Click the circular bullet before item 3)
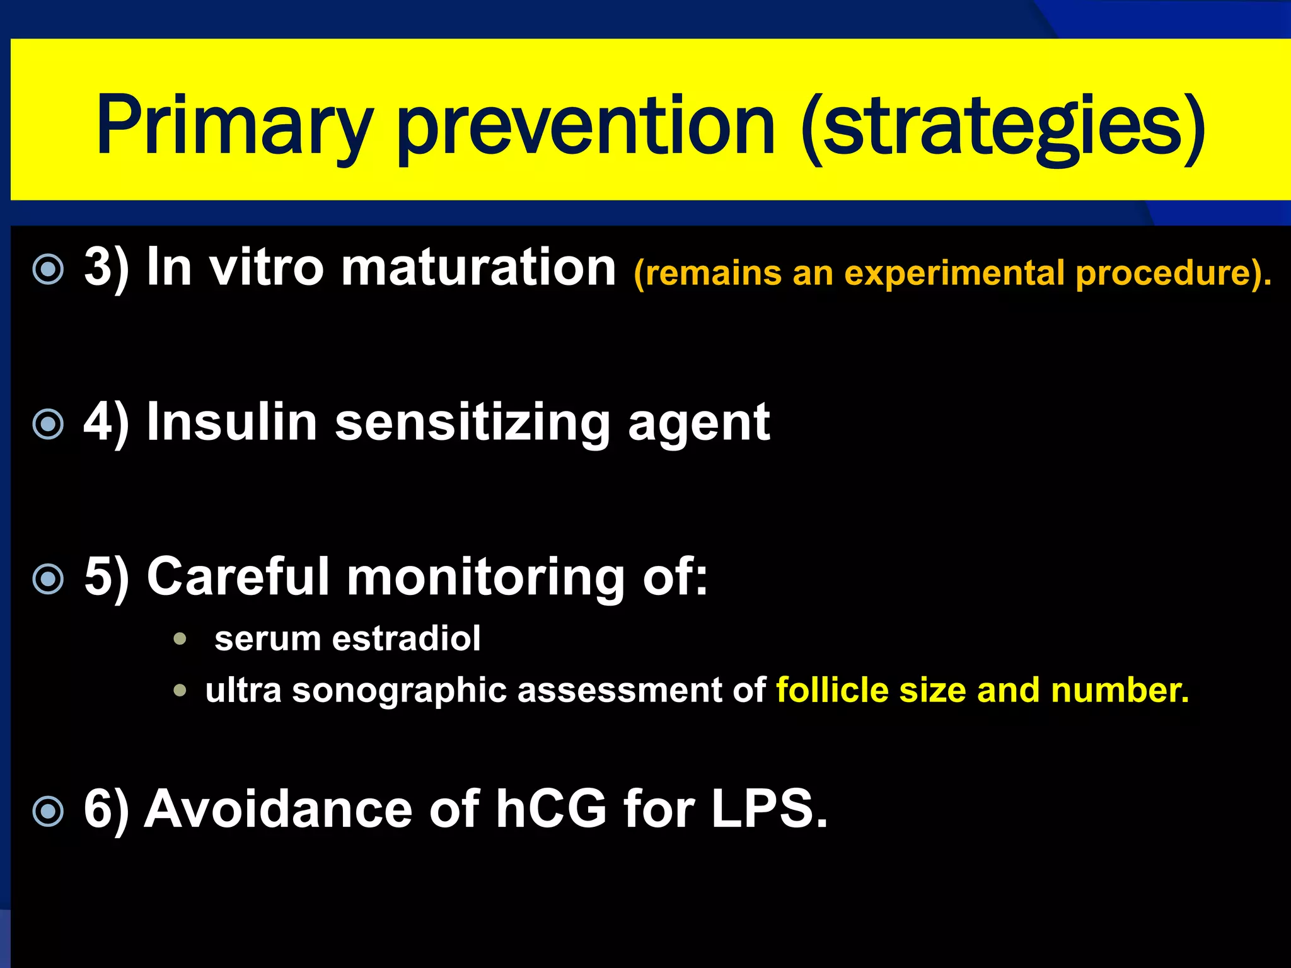click(49, 270)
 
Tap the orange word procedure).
click(1173, 274)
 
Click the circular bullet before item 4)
click(49, 424)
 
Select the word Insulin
click(232, 422)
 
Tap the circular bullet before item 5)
click(49, 579)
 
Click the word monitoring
click(486, 577)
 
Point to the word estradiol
click(406, 638)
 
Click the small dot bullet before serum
click(180, 639)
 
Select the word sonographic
click(400, 691)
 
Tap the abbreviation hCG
click(551, 809)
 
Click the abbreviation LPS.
click(768, 809)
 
